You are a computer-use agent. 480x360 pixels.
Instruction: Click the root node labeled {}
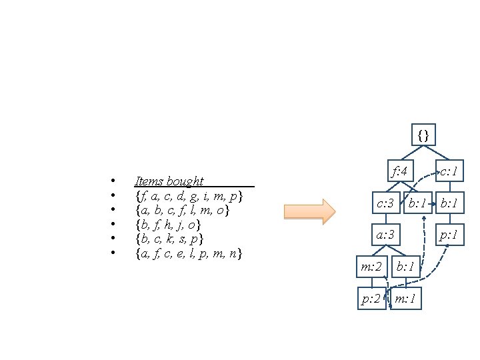[x=423, y=135]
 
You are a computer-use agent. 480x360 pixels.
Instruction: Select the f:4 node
[x=399, y=172]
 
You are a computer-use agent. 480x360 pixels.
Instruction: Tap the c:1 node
[x=447, y=172]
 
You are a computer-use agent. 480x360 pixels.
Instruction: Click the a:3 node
[x=385, y=235]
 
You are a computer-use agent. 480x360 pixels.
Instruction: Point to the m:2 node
[x=371, y=267]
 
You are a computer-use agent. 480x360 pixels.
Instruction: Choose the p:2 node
[x=371, y=299]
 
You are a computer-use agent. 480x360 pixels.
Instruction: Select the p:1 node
[x=447, y=235]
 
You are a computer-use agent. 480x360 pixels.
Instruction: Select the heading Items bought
[x=169, y=181]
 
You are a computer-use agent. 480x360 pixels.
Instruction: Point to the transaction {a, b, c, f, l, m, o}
[x=182, y=210]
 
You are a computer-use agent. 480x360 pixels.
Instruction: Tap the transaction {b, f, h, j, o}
[x=168, y=225]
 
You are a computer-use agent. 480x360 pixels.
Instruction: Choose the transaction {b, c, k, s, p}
[x=169, y=239]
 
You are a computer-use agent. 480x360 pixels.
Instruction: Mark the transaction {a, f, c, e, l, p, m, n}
[x=189, y=253]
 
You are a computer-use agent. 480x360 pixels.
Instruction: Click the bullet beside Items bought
[x=114, y=181]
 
